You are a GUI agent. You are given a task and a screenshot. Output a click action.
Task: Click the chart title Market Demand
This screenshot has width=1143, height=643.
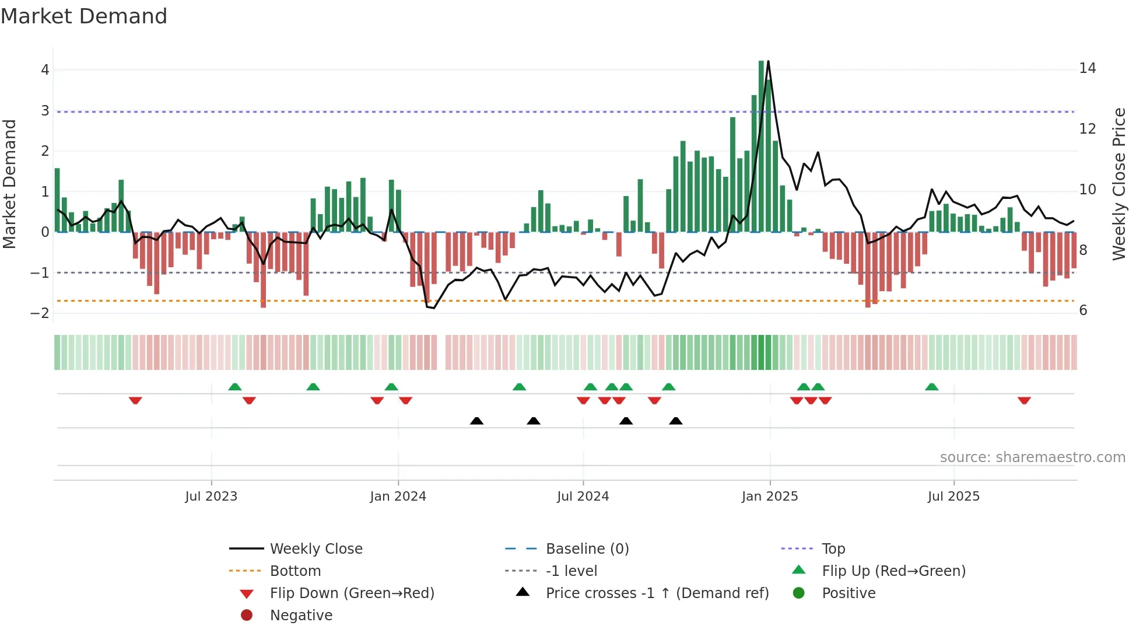point(84,16)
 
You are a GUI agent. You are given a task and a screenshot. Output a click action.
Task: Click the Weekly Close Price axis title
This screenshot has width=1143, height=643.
point(1119,184)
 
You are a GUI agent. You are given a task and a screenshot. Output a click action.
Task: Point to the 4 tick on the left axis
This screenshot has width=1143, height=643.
point(45,70)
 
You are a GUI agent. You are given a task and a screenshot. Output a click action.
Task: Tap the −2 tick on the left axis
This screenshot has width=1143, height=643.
point(40,313)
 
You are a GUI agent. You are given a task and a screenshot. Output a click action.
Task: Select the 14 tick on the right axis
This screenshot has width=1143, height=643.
point(1087,68)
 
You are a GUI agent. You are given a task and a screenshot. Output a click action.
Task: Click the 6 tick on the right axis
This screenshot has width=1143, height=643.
point(1083,310)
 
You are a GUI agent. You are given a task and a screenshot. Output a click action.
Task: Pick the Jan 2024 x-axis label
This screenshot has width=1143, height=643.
point(398,497)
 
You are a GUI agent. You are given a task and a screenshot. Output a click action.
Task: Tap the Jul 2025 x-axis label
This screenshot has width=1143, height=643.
point(953,497)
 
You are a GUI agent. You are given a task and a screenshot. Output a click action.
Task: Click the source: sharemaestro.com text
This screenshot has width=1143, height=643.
point(1032,457)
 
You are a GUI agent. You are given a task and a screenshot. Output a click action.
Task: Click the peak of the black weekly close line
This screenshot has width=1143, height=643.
point(768,61)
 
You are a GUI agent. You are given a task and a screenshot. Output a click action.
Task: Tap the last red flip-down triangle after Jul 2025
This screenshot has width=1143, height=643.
point(1024,400)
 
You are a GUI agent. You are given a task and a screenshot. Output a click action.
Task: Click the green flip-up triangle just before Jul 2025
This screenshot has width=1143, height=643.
point(931,387)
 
